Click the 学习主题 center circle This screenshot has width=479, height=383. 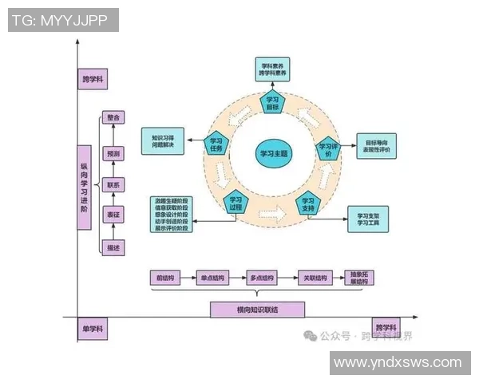(273, 152)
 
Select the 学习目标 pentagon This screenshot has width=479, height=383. (272, 103)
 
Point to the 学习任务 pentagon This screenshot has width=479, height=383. (216, 144)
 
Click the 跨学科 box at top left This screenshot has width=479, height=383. (93, 80)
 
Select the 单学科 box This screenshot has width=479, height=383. (93, 329)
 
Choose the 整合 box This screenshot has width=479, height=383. (113, 117)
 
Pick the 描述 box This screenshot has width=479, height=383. (113, 248)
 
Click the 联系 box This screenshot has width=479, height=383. (113, 184)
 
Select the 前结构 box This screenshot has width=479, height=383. (165, 278)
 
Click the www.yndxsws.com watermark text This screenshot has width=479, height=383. (397, 362)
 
